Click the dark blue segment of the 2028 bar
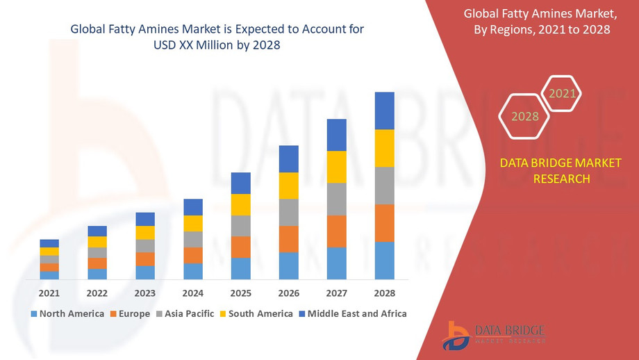[384, 111]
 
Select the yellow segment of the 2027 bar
[337, 167]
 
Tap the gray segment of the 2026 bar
[289, 212]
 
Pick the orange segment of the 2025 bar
[241, 247]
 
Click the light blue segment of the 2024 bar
[193, 271]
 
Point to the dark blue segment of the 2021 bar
[49, 243]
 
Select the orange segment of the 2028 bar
[384, 223]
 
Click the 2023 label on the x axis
[145, 293]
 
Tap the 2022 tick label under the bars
[97, 293]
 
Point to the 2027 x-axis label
[337, 293]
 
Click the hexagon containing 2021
[561, 94]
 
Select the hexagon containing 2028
[525, 116]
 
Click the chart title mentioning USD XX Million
[217, 36]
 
